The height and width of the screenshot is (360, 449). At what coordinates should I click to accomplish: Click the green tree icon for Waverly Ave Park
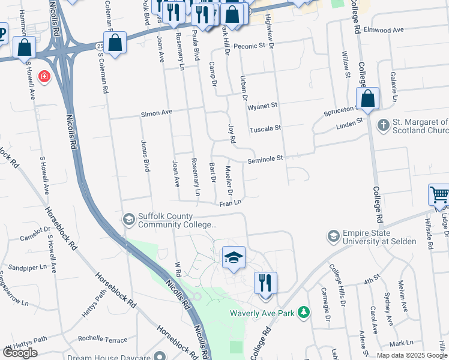(x=305, y=312)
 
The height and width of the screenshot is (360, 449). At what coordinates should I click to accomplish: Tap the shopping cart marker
(x=439, y=195)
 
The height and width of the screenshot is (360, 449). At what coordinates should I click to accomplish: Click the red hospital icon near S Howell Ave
(x=44, y=77)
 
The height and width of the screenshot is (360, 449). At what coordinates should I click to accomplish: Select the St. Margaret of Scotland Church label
(x=421, y=126)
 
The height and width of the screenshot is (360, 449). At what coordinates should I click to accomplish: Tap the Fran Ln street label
(x=229, y=204)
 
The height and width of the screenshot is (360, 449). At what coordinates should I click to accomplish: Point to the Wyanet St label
(x=262, y=106)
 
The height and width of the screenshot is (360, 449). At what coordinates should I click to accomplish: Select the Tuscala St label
(x=265, y=128)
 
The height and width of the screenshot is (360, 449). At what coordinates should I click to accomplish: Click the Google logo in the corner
(x=20, y=353)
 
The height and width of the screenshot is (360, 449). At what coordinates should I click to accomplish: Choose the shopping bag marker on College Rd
(x=367, y=98)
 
